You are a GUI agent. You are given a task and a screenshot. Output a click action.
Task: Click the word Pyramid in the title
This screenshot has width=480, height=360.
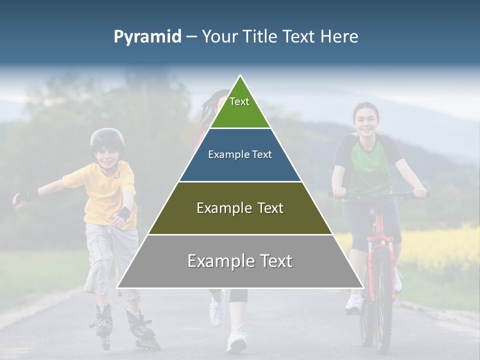click(147, 37)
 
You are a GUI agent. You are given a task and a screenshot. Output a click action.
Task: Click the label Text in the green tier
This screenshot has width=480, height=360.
click(239, 101)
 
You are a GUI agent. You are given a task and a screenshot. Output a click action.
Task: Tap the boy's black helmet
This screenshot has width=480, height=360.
click(107, 138)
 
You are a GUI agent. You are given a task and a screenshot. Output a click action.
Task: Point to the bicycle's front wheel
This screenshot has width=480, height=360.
click(383, 300)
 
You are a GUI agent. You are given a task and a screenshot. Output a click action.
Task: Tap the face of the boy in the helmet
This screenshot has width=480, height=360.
click(108, 156)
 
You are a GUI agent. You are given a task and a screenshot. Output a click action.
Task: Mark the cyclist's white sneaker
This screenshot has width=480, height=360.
click(354, 303)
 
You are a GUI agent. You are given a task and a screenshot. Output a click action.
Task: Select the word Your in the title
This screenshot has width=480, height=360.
click(218, 36)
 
